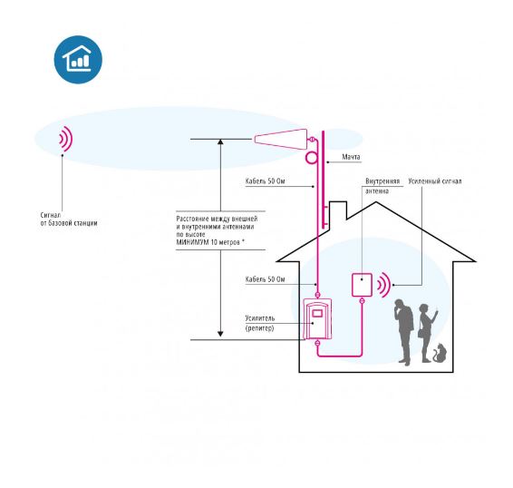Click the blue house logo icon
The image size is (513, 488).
tap(78, 59)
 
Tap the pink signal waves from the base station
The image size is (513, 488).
tap(66, 139)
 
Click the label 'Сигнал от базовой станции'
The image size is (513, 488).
tap(69, 220)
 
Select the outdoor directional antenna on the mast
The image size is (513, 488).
tap(281, 139)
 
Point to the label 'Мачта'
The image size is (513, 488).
tap(351, 157)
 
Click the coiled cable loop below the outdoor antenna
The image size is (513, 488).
tap(306, 158)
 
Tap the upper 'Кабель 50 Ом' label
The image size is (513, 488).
tap(265, 181)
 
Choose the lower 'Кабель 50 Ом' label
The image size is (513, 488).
tap(265, 279)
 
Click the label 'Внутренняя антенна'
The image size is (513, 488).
tap(382, 186)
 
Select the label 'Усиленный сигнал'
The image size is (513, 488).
tap(435, 181)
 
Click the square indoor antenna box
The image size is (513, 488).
tap(362, 285)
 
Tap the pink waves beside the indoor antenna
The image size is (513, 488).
tap(384, 285)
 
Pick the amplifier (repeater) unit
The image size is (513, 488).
tap(317, 318)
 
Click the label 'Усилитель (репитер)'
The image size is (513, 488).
tap(260, 323)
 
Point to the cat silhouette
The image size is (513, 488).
tap(440, 353)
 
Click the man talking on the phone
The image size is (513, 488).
tap(403, 332)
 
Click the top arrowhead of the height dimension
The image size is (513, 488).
tap(220, 142)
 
